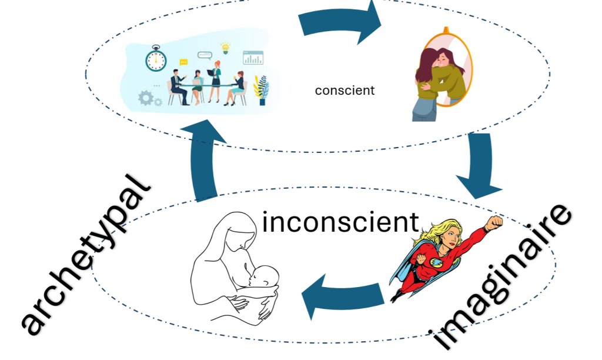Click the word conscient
coord(345,91)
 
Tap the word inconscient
coord(340,222)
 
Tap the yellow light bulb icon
coord(225,47)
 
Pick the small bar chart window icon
coord(253,57)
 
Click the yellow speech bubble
coord(183,62)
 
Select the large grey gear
coord(146,98)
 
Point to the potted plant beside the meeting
coord(261,90)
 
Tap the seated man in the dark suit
coord(178,86)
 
